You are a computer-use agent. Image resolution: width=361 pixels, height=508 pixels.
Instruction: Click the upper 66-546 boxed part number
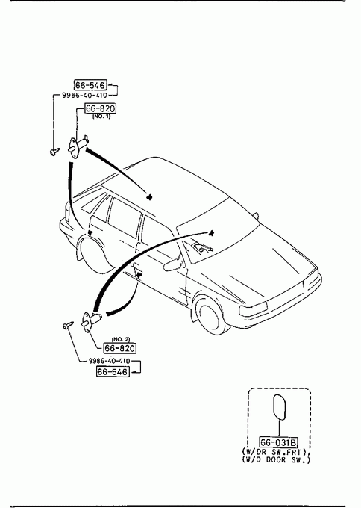point(90,85)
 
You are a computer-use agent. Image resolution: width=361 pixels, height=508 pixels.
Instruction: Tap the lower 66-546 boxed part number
point(113,371)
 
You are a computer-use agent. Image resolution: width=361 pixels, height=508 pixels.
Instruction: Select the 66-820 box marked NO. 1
point(100,108)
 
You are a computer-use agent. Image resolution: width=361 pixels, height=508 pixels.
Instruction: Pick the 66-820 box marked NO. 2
point(119,348)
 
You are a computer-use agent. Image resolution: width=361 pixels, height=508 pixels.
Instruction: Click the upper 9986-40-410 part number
point(84,96)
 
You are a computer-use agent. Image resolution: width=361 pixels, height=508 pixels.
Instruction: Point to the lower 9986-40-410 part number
point(110,361)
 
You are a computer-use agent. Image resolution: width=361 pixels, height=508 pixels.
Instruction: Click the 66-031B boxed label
point(279,442)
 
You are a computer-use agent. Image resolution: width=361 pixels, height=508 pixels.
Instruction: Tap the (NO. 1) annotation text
point(101,117)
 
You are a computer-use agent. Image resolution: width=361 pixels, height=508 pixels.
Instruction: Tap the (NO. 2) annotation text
point(121,339)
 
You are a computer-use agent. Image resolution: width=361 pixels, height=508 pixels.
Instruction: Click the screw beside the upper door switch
point(54,151)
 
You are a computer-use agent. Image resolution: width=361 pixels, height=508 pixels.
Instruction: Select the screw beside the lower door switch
point(69,325)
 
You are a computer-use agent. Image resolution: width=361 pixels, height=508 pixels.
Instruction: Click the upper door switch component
point(78,146)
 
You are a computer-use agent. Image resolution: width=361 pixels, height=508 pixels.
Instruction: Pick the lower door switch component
point(91,321)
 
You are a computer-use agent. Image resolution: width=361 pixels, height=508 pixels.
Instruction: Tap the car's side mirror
point(174,263)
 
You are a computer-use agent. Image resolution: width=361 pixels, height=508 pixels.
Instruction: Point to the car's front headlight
point(254,308)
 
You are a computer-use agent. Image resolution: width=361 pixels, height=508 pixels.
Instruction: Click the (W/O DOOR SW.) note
point(276,459)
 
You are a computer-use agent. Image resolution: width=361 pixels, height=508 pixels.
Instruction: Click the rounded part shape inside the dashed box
point(280,407)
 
